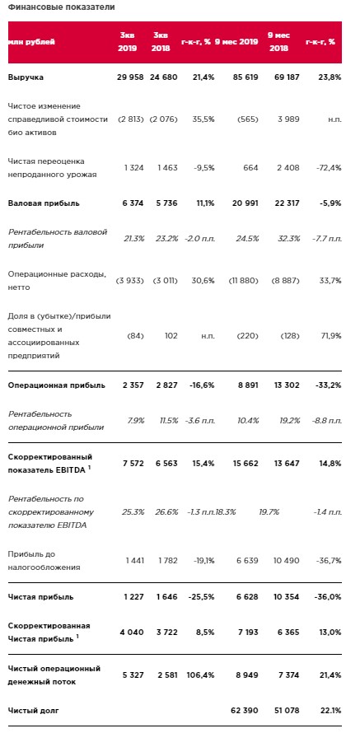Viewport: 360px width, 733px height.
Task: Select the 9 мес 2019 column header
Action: pyautogui.click(x=236, y=42)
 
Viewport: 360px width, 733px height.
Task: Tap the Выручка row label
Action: pyautogui.click(x=26, y=77)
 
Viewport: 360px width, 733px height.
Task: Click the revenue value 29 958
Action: pyautogui.click(x=130, y=77)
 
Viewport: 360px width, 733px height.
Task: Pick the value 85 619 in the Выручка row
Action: pyautogui.click(x=244, y=77)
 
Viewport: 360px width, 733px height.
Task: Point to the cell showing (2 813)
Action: pyautogui.click(x=129, y=119)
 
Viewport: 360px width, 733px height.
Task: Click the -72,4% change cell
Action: pyautogui.click(x=326, y=168)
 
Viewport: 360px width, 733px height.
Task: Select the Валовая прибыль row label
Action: pyautogui.click(x=44, y=203)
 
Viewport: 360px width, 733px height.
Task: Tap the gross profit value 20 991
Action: pyautogui.click(x=244, y=203)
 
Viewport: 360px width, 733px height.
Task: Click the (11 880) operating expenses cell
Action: pyautogui.click(x=244, y=281)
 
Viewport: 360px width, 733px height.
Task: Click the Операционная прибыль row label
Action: pyautogui.click(x=57, y=385)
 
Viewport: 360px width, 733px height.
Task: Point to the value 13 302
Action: pyautogui.click(x=285, y=385)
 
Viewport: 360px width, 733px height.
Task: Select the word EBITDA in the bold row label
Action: pyautogui.click(x=72, y=470)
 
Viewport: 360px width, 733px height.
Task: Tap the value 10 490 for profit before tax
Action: pyautogui.click(x=285, y=561)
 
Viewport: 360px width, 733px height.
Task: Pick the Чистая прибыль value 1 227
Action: pyautogui.click(x=133, y=597)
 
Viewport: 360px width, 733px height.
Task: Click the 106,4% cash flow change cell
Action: pyautogui.click(x=201, y=675)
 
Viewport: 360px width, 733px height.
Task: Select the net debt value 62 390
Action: pyautogui.click(x=244, y=711)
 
